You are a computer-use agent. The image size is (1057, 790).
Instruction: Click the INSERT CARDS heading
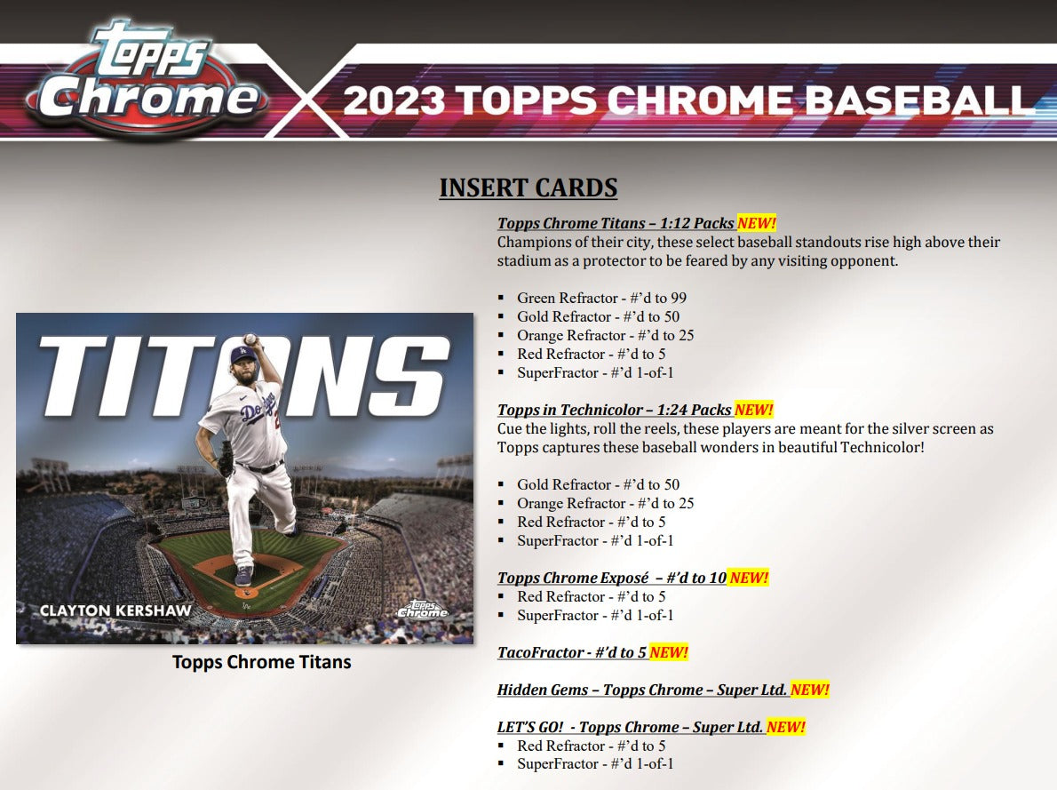[x=528, y=188]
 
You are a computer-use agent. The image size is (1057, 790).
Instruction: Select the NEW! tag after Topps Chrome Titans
[x=757, y=223]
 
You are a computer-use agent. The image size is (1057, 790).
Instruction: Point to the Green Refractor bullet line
[x=601, y=298]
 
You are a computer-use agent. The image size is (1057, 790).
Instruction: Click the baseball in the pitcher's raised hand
[x=250, y=339]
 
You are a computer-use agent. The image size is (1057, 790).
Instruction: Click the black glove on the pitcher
[x=225, y=458]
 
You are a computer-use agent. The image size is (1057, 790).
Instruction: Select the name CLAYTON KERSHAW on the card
[x=115, y=610]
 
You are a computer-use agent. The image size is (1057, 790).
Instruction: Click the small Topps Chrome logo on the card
[x=423, y=610]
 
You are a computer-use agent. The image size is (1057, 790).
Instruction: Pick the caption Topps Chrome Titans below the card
[x=261, y=662]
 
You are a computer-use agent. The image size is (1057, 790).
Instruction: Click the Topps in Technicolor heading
[x=614, y=410]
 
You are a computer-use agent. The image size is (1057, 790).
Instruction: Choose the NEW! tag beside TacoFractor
[x=669, y=652]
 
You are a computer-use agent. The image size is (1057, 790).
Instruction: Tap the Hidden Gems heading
[x=641, y=690]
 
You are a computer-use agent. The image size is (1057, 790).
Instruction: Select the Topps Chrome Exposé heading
[x=612, y=578]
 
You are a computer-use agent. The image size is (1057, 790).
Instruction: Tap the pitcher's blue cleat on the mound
[x=244, y=576]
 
